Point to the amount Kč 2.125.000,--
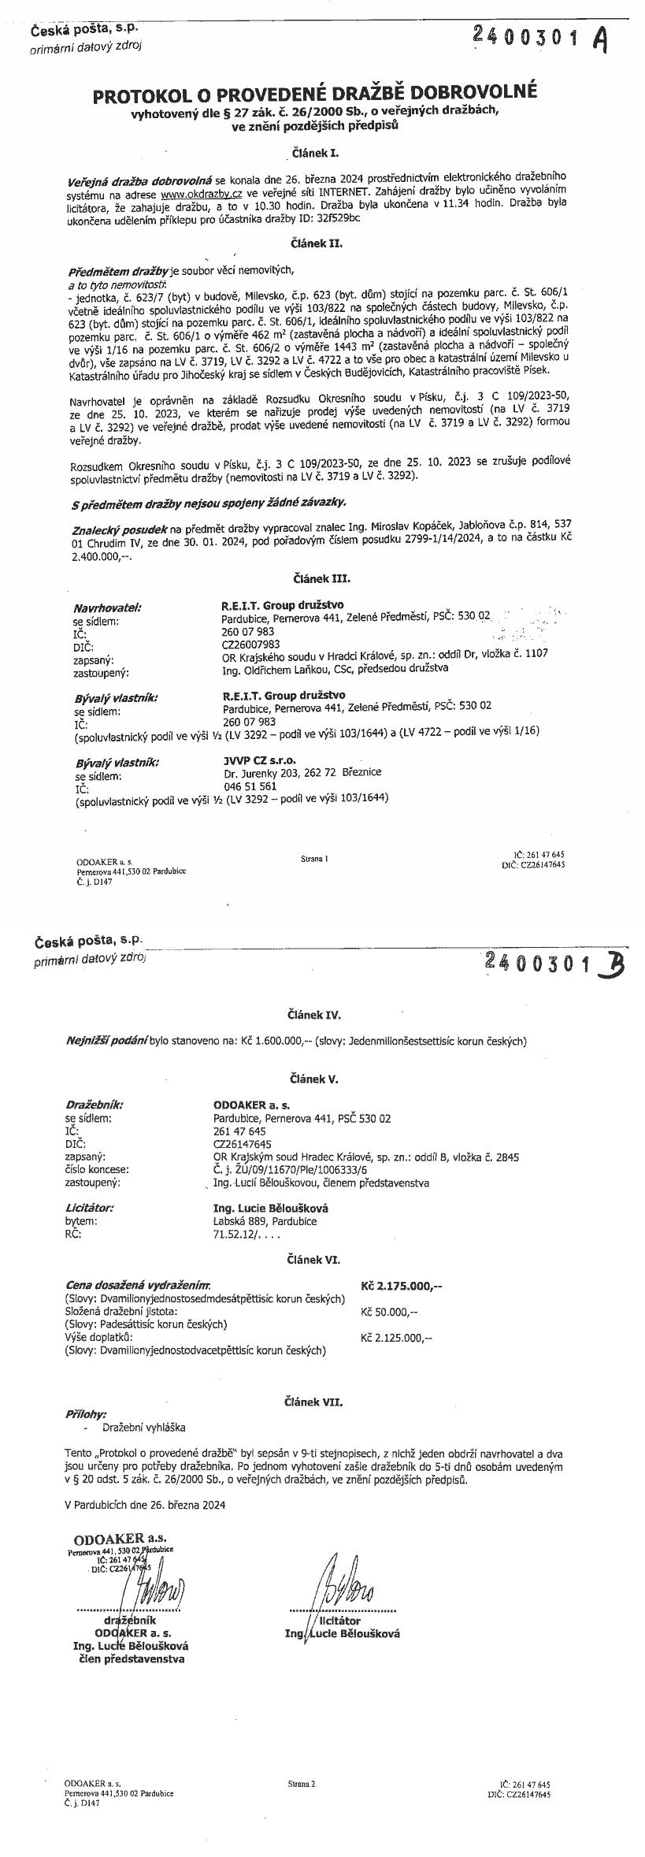[396, 1337]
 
